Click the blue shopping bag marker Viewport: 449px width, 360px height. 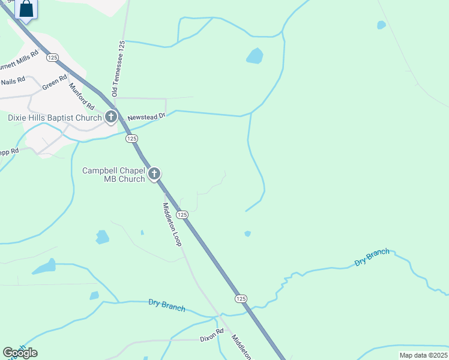point(26,9)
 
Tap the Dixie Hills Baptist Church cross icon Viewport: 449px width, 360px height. point(110,118)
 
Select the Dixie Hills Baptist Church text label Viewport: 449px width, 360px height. point(55,118)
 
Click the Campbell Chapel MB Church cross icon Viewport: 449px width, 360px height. point(154,175)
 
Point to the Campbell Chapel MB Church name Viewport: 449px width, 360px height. point(113,175)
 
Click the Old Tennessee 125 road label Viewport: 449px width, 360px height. point(118,69)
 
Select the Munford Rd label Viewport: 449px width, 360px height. point(82,96)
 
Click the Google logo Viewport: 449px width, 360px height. point(20,353)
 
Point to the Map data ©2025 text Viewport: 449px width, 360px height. point(423,355)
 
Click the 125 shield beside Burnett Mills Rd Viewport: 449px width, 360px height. point(52,57)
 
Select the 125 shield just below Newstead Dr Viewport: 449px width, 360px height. point(132,139)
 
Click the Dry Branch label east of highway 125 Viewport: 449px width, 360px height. point(372,257)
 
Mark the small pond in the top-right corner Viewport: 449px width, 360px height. point(381,25)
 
